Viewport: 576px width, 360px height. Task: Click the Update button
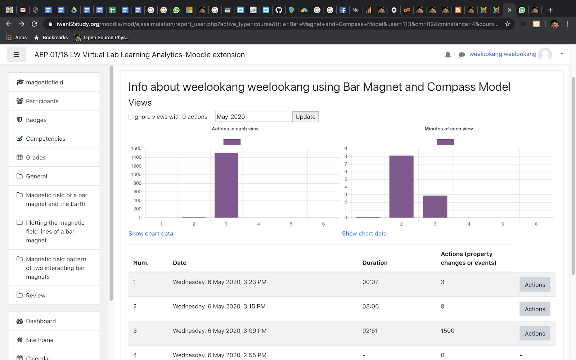coord(305,117)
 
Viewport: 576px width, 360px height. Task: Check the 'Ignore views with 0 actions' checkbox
coord(131,117)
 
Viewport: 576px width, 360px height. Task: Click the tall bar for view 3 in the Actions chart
coord(226,185)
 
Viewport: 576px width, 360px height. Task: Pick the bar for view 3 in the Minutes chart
coord(435,207)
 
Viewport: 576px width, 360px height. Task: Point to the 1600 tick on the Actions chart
coord(136,148)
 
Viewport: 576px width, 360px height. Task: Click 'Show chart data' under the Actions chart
coord(150,234)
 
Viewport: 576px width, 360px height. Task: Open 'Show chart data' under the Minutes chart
coord(364,234)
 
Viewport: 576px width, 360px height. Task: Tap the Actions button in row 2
coord(535,309)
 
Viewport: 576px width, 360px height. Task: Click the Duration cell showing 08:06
coord(370,306)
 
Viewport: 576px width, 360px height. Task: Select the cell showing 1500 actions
coord(447,331)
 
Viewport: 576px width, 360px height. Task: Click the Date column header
coord(179,263)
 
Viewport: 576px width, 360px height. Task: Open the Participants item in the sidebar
coord(42,101)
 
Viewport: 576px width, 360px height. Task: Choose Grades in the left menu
coord(36,157)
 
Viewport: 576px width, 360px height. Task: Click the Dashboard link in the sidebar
coord(41,321)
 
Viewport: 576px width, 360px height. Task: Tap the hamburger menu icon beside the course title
coord(16,55)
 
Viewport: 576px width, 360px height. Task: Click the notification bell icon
coord(448,54)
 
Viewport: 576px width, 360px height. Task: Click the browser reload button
coord(35,24)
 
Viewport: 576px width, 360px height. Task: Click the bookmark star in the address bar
coord(508,24)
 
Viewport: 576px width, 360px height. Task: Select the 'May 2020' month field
coord(253,117)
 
